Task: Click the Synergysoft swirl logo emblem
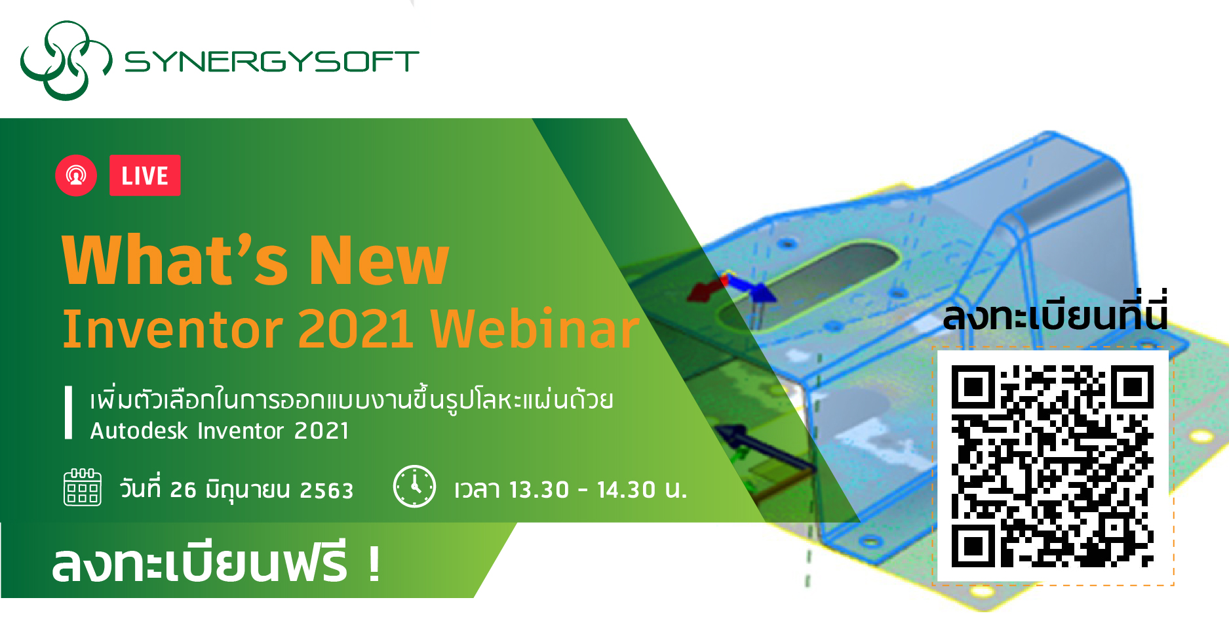66,60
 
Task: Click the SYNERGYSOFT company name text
271,62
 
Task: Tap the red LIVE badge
145,176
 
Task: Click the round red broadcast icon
76,175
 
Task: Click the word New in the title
379,261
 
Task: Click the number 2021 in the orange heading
356,329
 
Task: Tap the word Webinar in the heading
535,329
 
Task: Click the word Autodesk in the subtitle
139,431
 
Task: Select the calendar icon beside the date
83,487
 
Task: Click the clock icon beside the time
414,487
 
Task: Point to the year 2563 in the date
326,491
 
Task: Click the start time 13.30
539,490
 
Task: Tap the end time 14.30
626,490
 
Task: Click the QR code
1053,466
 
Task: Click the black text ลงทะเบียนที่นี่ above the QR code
1055,316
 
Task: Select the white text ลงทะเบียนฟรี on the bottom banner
199,563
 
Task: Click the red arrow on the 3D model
704,291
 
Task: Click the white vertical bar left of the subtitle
68,412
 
